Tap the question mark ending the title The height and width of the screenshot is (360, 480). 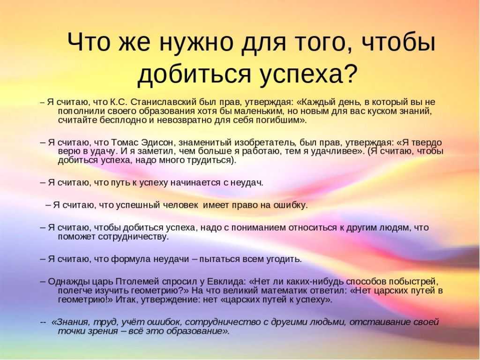coord(349,73)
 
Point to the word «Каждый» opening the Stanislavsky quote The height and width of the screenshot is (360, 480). coord(318,102)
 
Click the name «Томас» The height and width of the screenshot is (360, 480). coord(125,142)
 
